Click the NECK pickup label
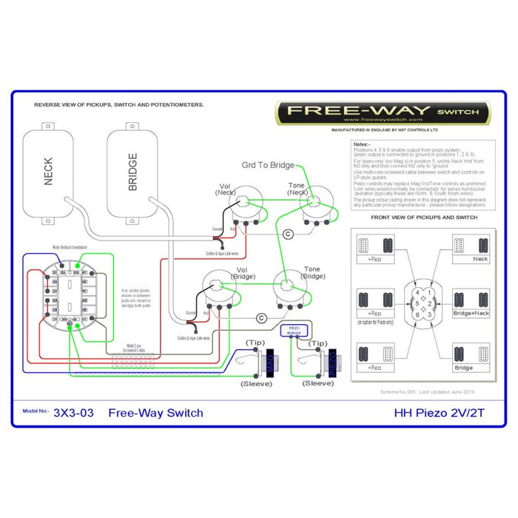(x=48, y=172)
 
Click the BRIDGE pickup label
(x=132, y=172)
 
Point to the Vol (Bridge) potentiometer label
(x=242, y=274)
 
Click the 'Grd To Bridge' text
(x=267, y=165)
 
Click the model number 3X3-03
(x=74, y=412)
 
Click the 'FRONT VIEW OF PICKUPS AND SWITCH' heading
(x=424, y=218)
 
